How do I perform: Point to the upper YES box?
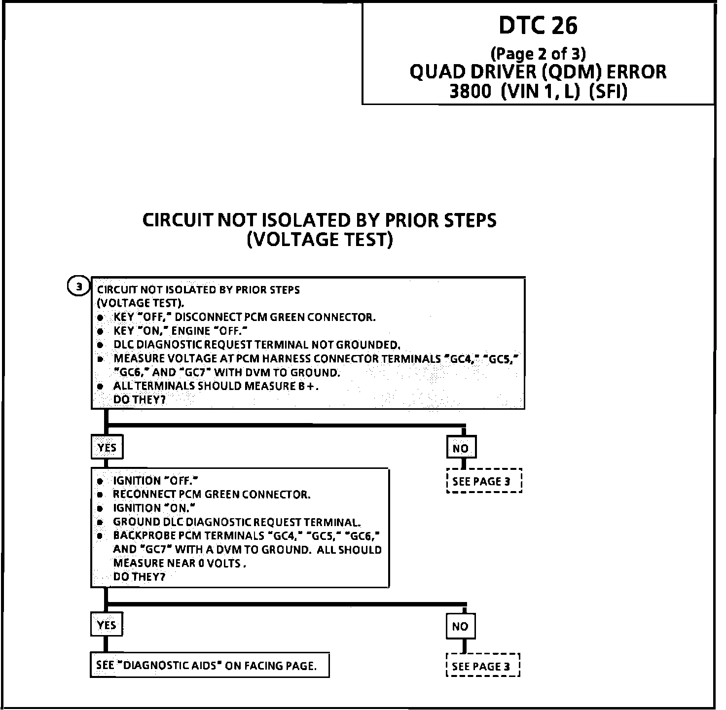click(x=107, y=447)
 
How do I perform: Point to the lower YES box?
click(x=107, y=625)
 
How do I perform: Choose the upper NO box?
click(x=461, y=448)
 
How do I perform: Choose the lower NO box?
click(x=460, y=626)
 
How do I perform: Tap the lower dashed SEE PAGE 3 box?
click(x=483, y=667)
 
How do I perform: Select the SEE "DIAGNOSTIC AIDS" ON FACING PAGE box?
click(x=210, y=666)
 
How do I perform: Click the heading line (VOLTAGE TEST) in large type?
click(x=320, y=240)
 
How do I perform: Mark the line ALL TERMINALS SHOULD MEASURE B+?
click(x=216, y=386)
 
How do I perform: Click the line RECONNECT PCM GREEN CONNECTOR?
click(x=212, y=495)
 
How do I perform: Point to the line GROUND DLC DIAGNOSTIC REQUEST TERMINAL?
click(x=237, y=522)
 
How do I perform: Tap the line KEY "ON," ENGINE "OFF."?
click(x=180, y=331)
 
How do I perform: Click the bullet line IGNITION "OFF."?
click(x=155, y=481)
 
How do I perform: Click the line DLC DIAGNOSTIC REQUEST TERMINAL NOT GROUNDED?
click(x=256, y=345)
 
